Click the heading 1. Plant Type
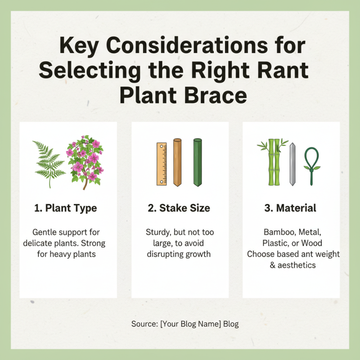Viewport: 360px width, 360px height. click(x=66, y=208)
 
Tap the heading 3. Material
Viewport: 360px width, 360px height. click(x=291, y=208)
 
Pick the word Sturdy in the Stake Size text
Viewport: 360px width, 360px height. click(x=158, y=233)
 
